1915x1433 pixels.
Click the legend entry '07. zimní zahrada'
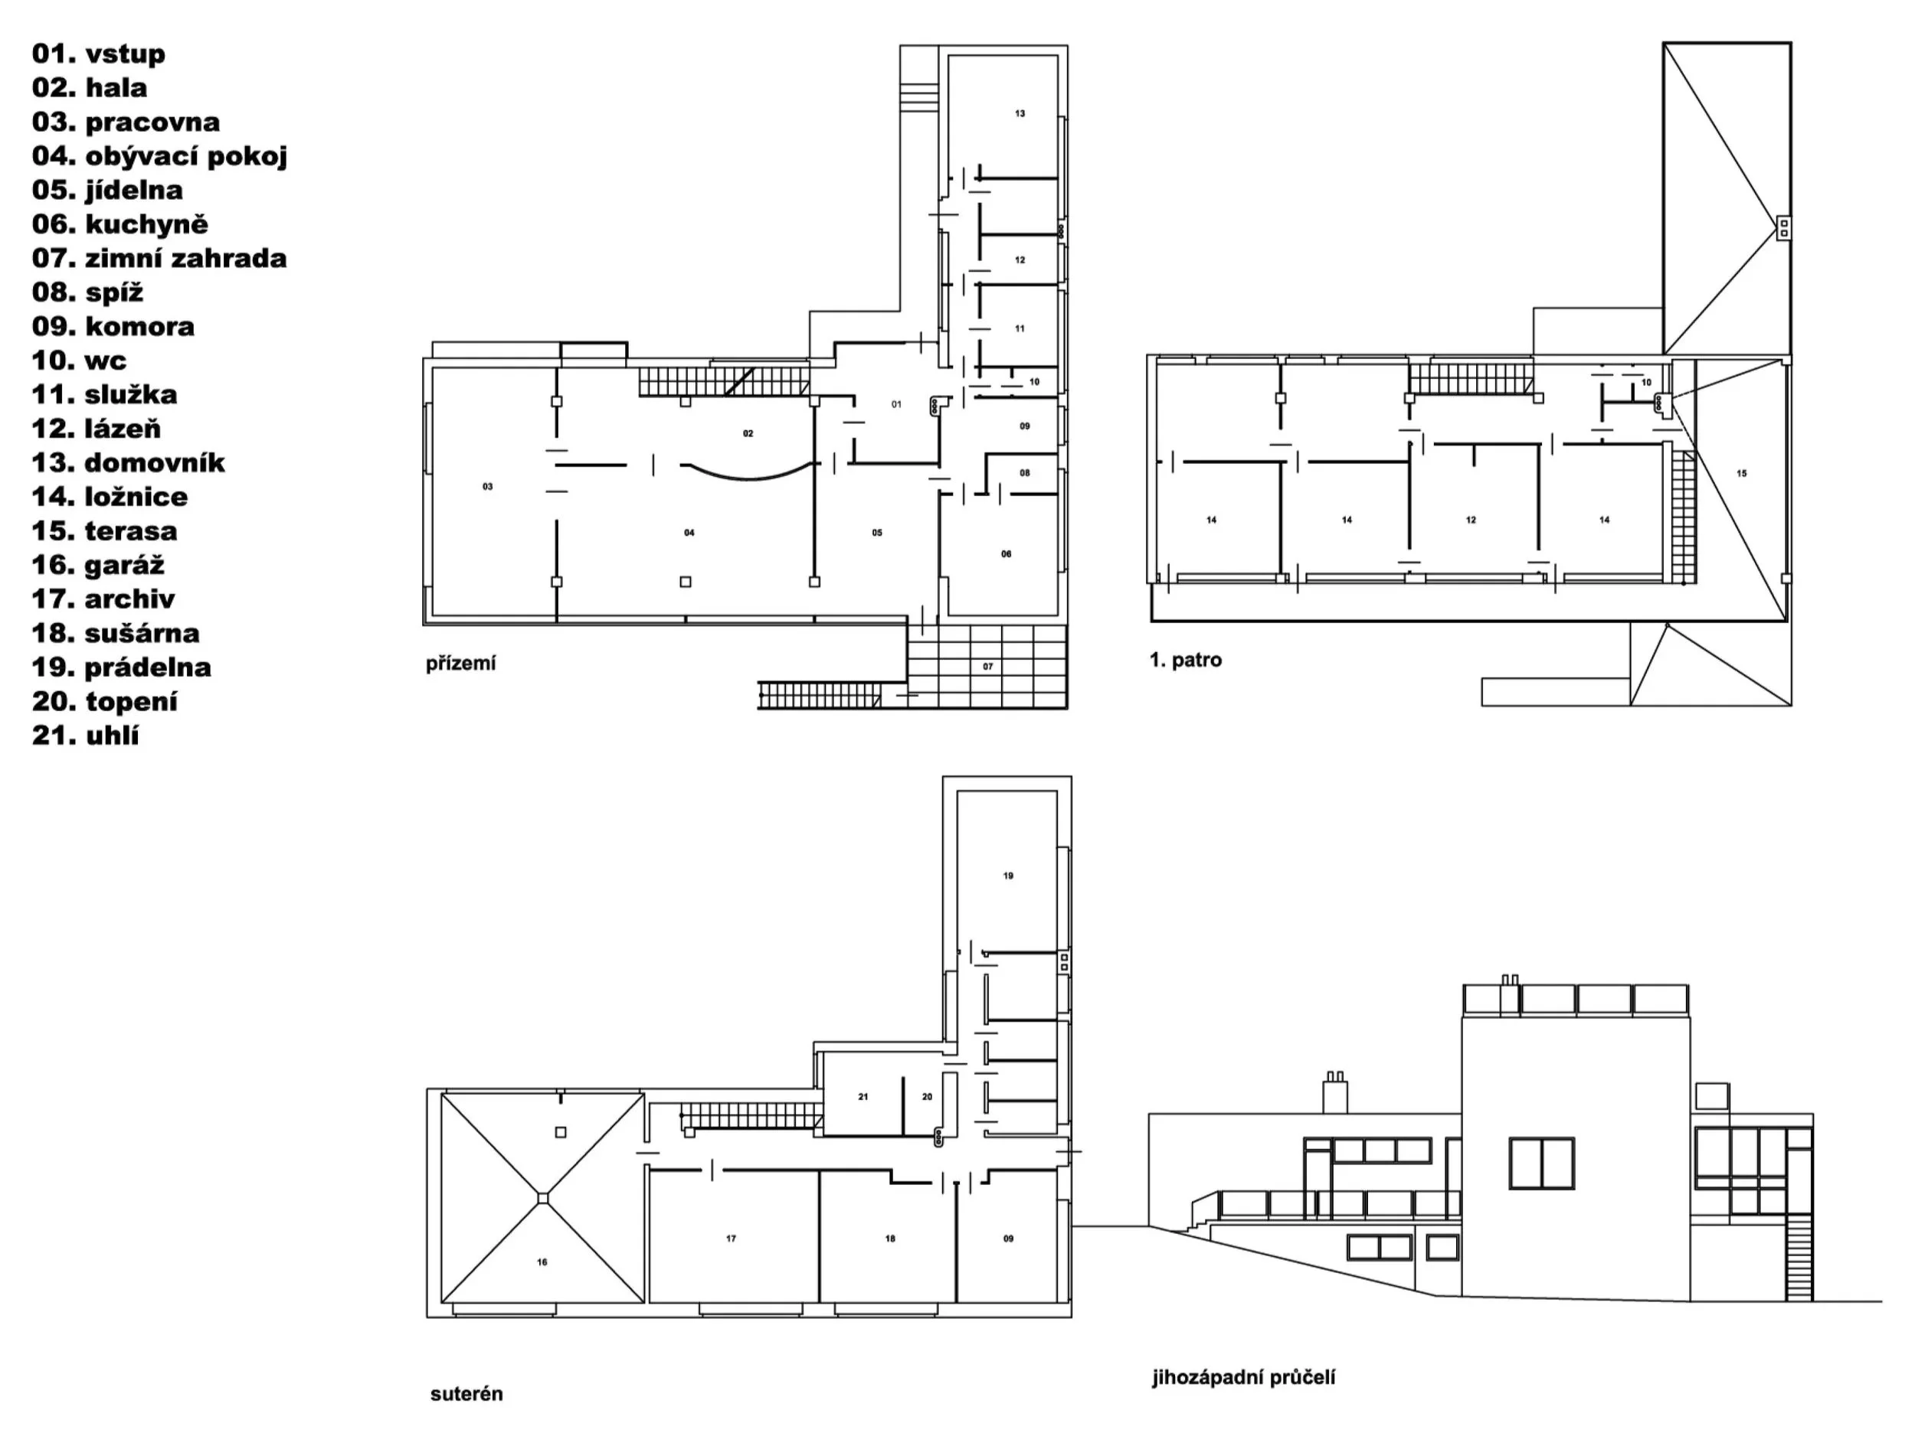point(159,258)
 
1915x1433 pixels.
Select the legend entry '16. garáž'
point(98,565)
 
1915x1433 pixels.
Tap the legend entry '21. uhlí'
point(86,736)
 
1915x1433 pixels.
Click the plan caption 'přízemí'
point(460,664)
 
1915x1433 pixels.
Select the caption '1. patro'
point(1185,661)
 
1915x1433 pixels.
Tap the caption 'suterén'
point(466,1394)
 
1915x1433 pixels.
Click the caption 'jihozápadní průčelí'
point(1243,1378)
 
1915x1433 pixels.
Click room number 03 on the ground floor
point(487,487)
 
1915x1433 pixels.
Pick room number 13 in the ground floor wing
point(1020,113)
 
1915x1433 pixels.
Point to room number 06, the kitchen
point(1006,553)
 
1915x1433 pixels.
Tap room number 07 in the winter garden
point(988,666)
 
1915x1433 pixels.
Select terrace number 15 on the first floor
point(1742,473)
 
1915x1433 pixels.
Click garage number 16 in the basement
point(542,1262)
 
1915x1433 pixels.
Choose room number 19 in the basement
point(1008,876)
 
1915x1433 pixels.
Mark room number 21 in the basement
point(863,1096)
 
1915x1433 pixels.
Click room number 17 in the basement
point(732,1239)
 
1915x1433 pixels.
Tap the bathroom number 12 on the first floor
point(1471,520)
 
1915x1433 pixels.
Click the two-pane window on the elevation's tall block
point(1542,1163)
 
